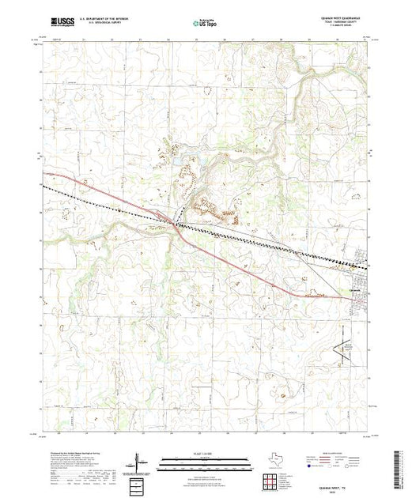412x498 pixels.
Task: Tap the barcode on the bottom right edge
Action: click(x=406, y=466)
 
